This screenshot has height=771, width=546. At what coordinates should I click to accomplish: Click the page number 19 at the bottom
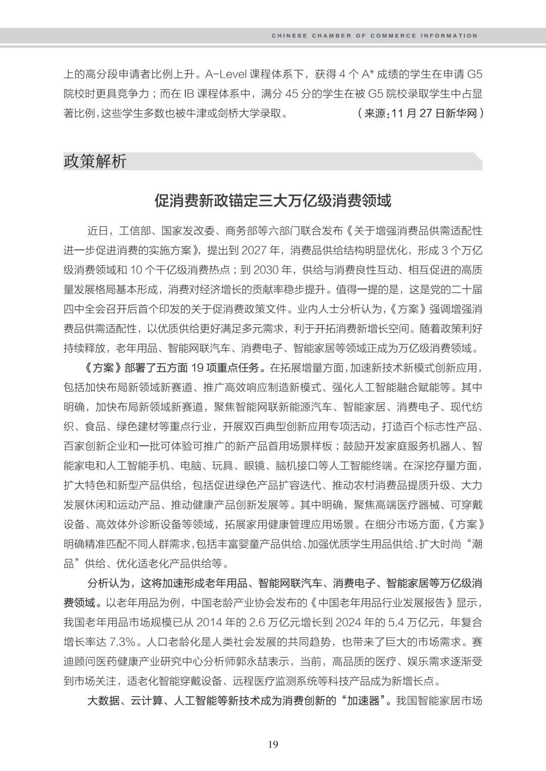point(273,744)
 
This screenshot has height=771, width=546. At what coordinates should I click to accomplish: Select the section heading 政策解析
point(95,161)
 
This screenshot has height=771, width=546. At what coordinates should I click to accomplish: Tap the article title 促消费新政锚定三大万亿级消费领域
point(273,201)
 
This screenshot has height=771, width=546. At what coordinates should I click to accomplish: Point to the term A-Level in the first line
point(225,75)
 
